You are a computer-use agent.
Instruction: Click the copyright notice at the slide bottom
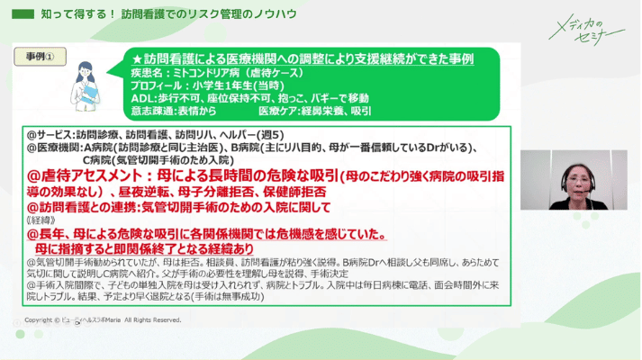103,319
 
